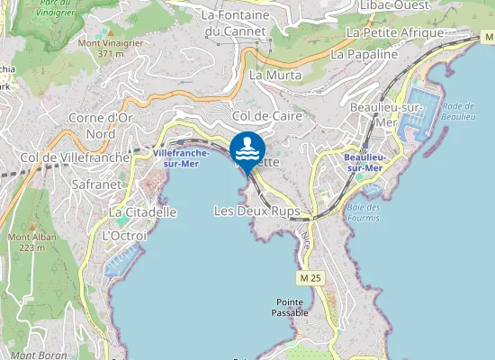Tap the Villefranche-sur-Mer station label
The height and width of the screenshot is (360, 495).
[x=181, y=158]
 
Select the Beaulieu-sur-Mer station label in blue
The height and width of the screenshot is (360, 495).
[x=364, y=162]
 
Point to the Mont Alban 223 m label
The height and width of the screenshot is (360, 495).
[x=26, y=241]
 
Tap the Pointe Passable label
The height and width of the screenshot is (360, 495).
[x=292, y=307]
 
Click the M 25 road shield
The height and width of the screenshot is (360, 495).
[x=311, y=279]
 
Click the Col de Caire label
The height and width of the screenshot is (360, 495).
[x=266, y=116]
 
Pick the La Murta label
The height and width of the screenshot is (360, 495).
[x=268, y=75]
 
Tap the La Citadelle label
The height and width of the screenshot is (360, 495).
[x=143, y=211]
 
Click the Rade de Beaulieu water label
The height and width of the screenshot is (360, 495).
[x=458, y=112]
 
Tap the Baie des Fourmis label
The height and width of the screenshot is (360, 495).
[x=363, y=211]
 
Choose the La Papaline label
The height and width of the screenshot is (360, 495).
[x=364, y=54]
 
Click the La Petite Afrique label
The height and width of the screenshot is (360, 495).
[x=395, y=32]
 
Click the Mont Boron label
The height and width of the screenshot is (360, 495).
[x=35, y=355]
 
